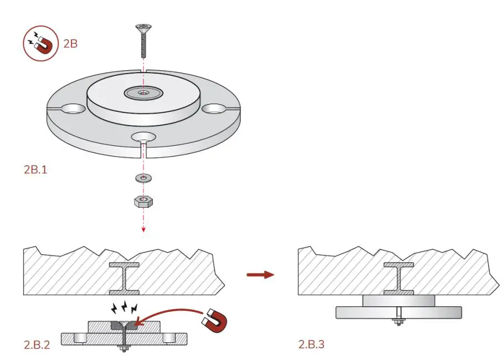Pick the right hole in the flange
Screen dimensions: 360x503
point(213,110)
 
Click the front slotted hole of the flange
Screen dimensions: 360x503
point(143,137)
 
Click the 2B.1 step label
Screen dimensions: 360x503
point(35,169)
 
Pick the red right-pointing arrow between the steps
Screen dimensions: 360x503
point(260,275)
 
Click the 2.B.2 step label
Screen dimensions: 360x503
point(37,344)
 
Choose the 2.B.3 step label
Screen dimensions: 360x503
point(311,344)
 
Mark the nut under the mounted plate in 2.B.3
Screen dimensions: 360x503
point(398,321)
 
